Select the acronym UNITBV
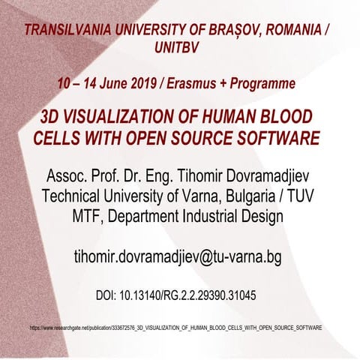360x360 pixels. [180, 48]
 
